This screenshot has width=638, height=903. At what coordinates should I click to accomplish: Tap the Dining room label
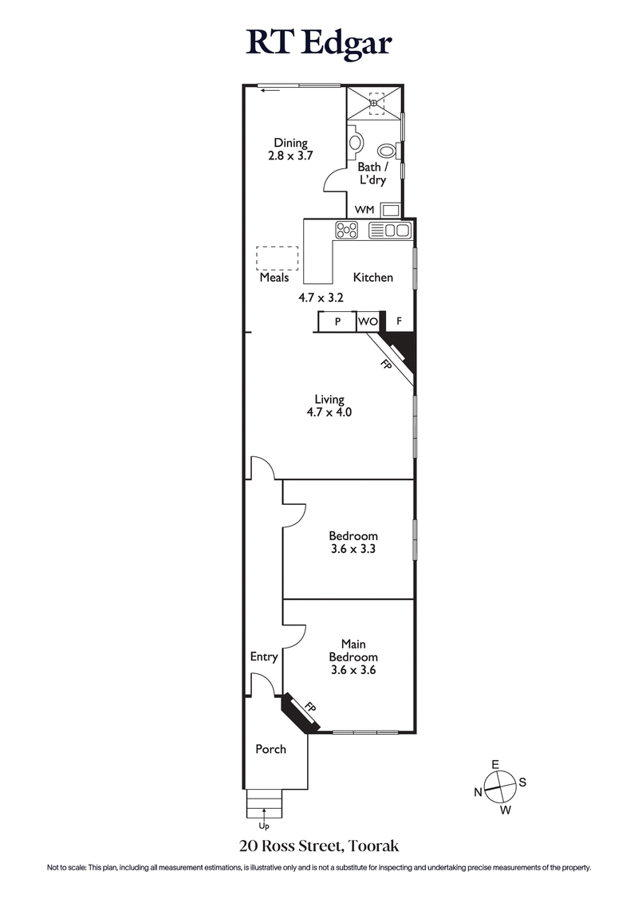[289, 144]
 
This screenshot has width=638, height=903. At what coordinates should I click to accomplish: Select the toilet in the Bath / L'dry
[386, 150]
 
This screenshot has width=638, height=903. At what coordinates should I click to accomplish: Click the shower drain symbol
[376, 102]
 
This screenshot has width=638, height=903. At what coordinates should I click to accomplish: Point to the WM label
[364, 210]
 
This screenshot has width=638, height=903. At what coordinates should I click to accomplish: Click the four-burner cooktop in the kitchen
[348, 231]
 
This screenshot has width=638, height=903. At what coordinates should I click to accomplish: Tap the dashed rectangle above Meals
[277, 258]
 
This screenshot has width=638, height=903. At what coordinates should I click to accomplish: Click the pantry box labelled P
[337, 321]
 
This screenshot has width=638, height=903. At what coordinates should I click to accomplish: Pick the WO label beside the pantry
[367, 321]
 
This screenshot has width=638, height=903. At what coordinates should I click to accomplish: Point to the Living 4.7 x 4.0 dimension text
[329, 413]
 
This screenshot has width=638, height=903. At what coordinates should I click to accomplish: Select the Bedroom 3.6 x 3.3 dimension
[353, 550]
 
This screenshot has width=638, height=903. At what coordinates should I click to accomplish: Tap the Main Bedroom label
[353, 649]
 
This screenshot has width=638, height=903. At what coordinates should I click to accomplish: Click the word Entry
[264, 657]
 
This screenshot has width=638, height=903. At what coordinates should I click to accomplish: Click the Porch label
[270, 749]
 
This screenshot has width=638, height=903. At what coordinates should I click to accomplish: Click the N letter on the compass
[478, 792]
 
